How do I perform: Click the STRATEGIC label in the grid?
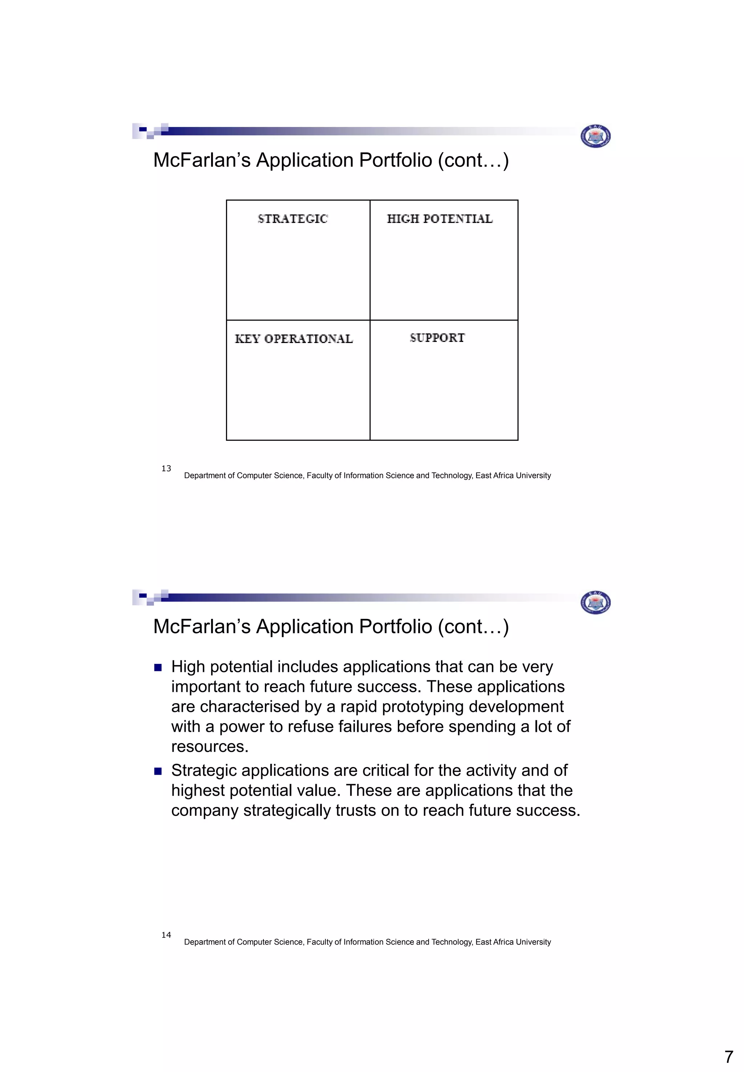click(x=293, y=219)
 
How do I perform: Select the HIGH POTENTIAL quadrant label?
click(x=440, y=219)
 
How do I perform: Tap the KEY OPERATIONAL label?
click(x=294, y=339)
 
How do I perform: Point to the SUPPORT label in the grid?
click(x=437, y=338)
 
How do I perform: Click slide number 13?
click(x=166, y=469)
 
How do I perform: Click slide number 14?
click(x=166, y=935)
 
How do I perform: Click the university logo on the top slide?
click(x=595, y=136)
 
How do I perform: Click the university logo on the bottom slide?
click(x=595, y=603)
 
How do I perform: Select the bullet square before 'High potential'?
click(x=158, y=668)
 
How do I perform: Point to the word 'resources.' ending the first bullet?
click(x=210, y=746)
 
